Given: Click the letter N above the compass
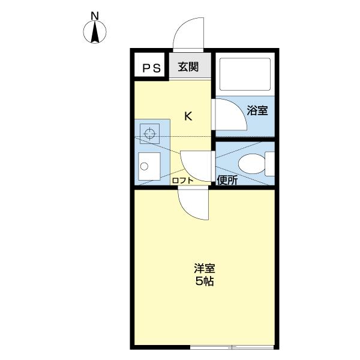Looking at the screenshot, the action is pyautogui.click(x=95, y=16).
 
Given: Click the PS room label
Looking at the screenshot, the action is pyautogui.click(x=152, y=68).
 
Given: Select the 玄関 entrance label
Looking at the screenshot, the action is pyautogui.click(x=188, y=67).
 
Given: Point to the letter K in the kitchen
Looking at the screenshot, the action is pyautogui.click(x=188, y=116).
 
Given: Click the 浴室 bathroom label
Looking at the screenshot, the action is pyautogui.click(x=257, y=110).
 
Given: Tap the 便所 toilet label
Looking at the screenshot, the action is pyautogui.click(x=227, y=180).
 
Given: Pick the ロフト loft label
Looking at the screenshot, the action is pyautogui.click(x=183, y=181).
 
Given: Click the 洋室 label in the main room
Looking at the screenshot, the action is pyautogui.click(x=205, y=268).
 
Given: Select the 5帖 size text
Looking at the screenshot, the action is pyautogui.click(x=205, y=281).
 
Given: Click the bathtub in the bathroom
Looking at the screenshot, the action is pyautogui.click(x=245, y=74).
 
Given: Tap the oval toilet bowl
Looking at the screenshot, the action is pyautogui.click(x=252, y=164).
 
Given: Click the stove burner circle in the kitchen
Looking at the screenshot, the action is pyautogui.click(x=150, y=133).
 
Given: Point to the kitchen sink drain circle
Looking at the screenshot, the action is pyautogui.click(x=144, y=166).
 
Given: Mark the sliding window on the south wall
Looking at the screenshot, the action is pyautogui.click(x=232, y=347).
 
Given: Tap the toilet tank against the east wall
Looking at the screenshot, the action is pyautogui.click(x=270, y=164).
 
